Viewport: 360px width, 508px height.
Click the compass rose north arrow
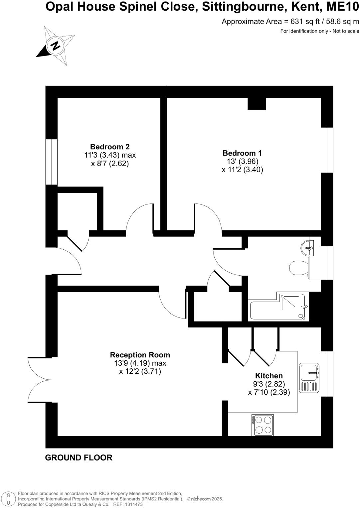click(56, 45)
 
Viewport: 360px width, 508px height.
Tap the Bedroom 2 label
click(110, 147)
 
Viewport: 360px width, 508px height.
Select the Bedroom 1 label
click(242, 153)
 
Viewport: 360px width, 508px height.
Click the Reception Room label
click(140, 355)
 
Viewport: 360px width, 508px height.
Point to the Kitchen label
click(269, 376)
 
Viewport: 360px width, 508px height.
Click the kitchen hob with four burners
click(263, 425)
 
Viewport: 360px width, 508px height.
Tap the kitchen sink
click(309, 378)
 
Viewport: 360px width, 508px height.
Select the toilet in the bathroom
click(298, 268)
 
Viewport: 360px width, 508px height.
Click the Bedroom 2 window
click(52, 162)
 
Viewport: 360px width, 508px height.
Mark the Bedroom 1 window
click(327, 150)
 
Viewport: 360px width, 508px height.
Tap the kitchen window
click(327, 374)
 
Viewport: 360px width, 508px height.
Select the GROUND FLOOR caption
click(79, 458)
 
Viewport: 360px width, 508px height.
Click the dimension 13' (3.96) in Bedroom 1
click(242, 161)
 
